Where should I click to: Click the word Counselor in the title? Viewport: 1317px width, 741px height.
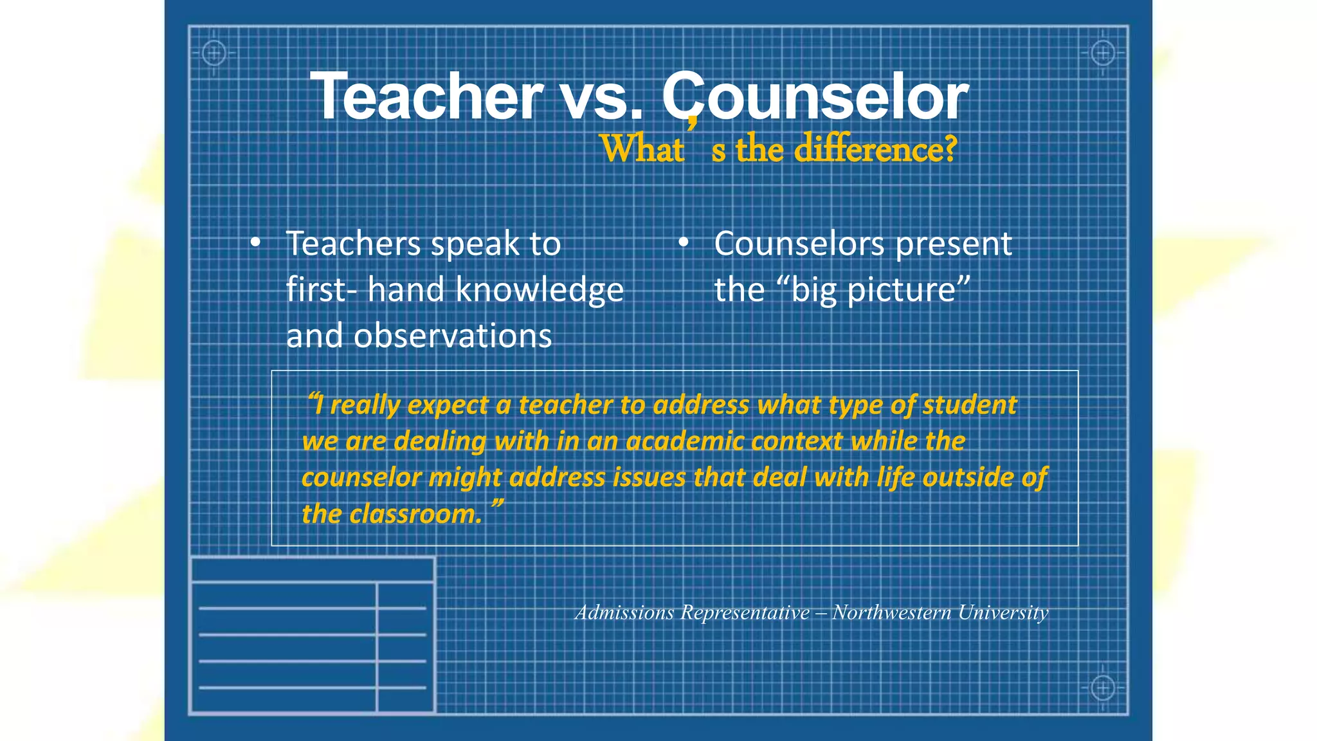(815, 96)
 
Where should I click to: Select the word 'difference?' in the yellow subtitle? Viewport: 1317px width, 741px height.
(876, 149)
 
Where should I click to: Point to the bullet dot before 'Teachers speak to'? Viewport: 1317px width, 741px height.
(255, 243)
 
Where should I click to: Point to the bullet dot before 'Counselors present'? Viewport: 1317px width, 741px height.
(684, 243)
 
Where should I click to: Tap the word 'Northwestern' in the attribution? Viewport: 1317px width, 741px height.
(891, 612)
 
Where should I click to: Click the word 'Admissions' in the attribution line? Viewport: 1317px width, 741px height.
(624, 612)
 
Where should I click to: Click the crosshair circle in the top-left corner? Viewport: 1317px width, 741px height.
(214, 53)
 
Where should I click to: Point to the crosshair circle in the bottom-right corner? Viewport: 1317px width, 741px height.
(1103, 688)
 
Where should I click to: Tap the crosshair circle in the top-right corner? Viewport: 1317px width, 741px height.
(1103, 53)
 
